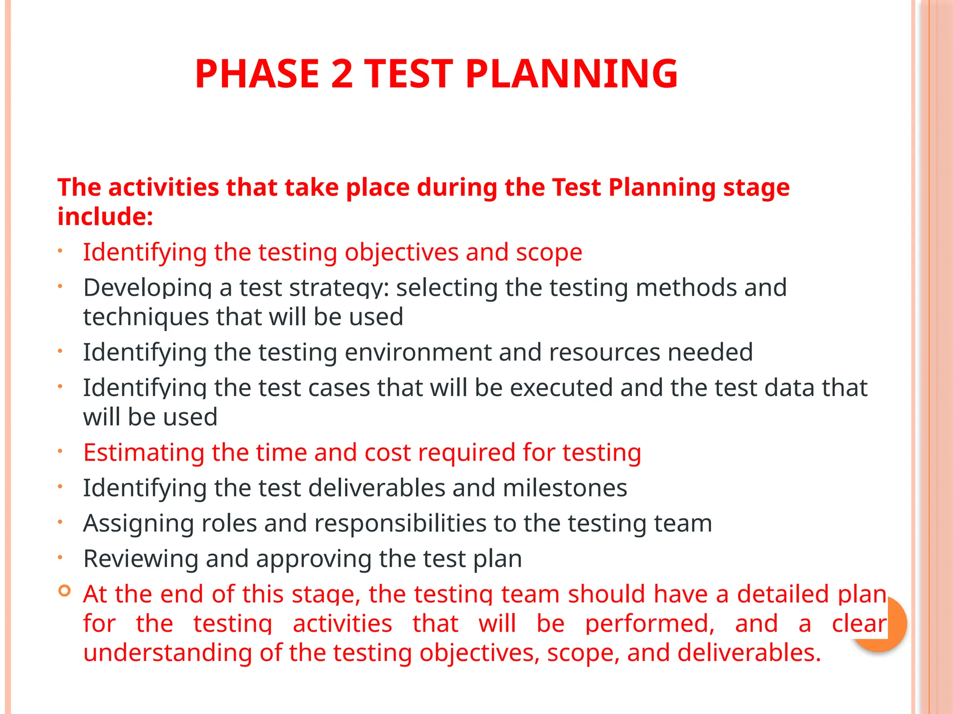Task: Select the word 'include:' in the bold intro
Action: click(105, 217)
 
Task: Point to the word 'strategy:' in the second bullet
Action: click(339, 288)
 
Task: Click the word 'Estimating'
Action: click(144, 452)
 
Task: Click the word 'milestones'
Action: click(565, 488)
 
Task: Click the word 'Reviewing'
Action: click(141, 559)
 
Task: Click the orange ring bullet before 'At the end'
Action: click(65, 591)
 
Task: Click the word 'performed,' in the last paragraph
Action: click(650, 624)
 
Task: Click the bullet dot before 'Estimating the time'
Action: click(60, 450)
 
